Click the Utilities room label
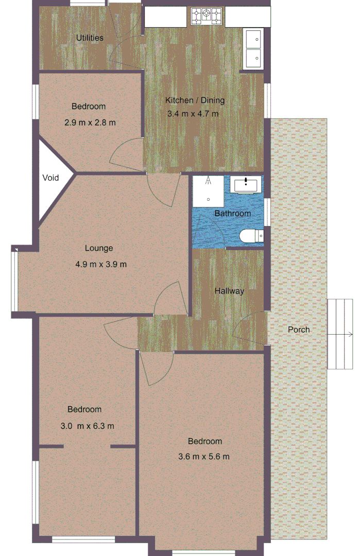[x=90, y=38]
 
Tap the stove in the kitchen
[x=207, y=16]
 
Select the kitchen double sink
[x=253, y=48]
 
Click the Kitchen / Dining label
[x=195, y=100]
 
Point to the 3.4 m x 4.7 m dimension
[x=193, y=114]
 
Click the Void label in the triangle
[x=50, y=178]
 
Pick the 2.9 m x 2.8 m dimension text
[x=90, y=123]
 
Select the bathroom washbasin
[x=247, y=183]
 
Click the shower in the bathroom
[x=208, y=189]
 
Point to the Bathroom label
[x=233, y=213]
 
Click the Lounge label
[x=99, y=248]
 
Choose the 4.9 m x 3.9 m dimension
[x=101, y=265]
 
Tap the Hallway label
[x=229, y=291]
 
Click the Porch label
[x=299, y=329]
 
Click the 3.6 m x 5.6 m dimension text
[x=204, y=457]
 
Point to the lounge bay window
[x=14, y=280]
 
